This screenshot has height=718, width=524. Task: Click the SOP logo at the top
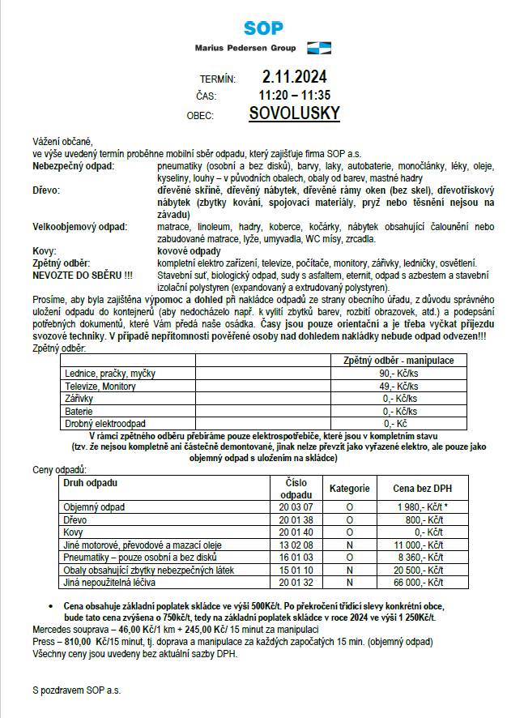[x=264, y=28]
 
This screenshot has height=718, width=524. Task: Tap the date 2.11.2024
[x=295, y=78]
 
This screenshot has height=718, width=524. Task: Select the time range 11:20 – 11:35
[x=295, y=96]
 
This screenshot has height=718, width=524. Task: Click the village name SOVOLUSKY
[x=295, y=114]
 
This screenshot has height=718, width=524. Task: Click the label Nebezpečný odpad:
[x=74, y=165]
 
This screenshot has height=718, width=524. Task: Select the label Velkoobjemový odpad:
[x=79, y=227]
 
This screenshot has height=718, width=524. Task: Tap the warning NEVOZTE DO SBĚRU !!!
[x=77, y=276]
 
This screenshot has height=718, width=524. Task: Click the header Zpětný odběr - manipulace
[x=398, y=360]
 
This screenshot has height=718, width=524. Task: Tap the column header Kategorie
[x=349, y=489]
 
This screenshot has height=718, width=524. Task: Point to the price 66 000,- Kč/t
[x=419, y=582]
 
